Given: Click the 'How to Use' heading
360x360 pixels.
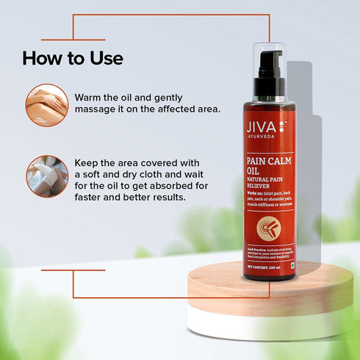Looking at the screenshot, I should click(73, 57).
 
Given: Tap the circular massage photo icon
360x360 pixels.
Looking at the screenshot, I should click(47, 104).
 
